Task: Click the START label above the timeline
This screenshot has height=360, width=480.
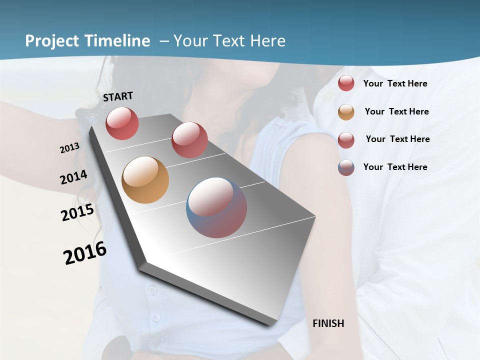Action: [118, 96]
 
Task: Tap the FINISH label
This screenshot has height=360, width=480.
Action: [328, 323]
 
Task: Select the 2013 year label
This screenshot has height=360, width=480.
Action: [69, 148]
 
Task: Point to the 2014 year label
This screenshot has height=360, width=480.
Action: [73, 177]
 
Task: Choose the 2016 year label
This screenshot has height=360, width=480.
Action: [85, 253]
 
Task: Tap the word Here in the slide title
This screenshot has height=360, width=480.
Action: [267, 41]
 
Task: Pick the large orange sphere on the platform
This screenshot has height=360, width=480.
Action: [145, 180]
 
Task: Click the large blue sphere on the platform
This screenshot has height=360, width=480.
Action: [216, 207]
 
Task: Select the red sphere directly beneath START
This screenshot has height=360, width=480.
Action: [122, 123]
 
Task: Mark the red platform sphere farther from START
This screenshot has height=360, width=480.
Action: [189, 140]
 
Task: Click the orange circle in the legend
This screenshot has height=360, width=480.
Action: [346, 112]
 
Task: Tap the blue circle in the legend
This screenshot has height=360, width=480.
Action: [346, 167]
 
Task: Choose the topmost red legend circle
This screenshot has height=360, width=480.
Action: [346, 83]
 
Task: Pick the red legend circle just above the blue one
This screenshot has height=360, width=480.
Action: [346, 139]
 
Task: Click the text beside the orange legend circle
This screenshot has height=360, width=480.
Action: [396, 111]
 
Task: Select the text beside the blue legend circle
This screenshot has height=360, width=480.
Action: [395, 167]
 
